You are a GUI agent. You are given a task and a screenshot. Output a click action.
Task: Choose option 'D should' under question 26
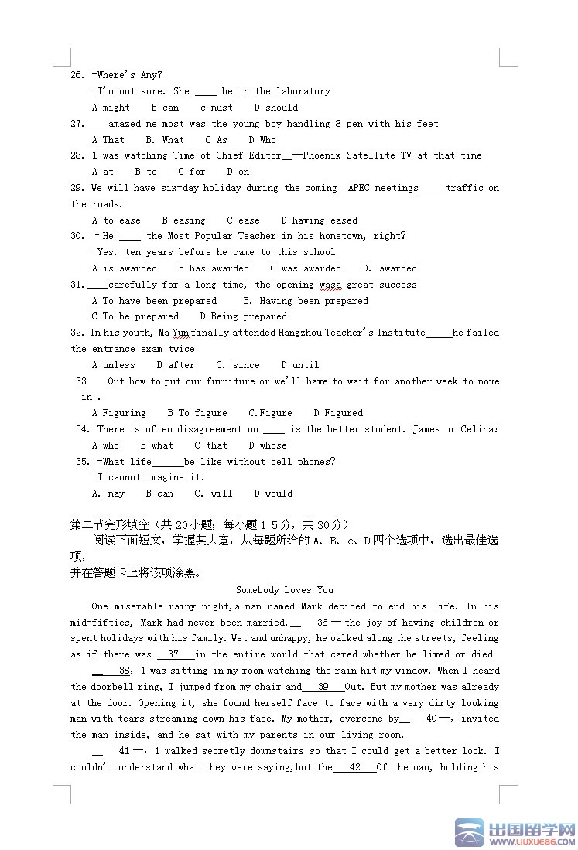[x=276, y=108]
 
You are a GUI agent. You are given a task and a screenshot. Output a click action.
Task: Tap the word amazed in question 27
[x=125, y=124]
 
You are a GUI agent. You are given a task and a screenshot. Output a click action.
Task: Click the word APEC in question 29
[x=359, y=188]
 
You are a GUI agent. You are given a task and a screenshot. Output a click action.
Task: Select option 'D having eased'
[x=320, y=220]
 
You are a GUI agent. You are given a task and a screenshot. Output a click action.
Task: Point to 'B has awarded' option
[x=214, y=268]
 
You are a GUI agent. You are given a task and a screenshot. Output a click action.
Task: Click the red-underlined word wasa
[x=330, y=285]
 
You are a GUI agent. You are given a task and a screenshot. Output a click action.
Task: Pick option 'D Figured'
[x=338, y=413]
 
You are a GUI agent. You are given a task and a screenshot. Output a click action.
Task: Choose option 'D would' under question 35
[x=273, y=493]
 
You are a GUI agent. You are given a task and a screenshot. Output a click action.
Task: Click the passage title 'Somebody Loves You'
[x=285, y=590]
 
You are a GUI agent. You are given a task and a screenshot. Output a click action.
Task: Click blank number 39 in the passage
[x=323, y=687]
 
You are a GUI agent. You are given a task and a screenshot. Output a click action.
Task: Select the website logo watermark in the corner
[x=515, y=832]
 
